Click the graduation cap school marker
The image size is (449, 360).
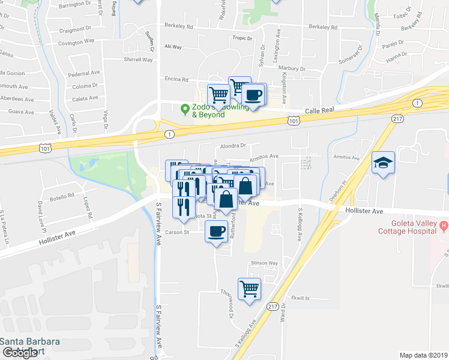[x=383, y=163]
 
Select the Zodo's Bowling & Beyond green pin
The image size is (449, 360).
[x=185, y=108]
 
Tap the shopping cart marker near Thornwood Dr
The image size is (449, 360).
[x=249, y=289]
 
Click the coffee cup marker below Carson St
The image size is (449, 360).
[x=216, y=231]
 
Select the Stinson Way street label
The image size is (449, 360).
[x=264, y=263]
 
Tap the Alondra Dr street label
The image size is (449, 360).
[x=234, y=145]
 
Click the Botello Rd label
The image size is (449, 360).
[x=62, y=196]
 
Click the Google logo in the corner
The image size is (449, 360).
[x=19, y=353]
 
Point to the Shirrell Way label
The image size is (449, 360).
[x=138, y=60]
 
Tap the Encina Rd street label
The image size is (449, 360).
[x=177, y=79]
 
